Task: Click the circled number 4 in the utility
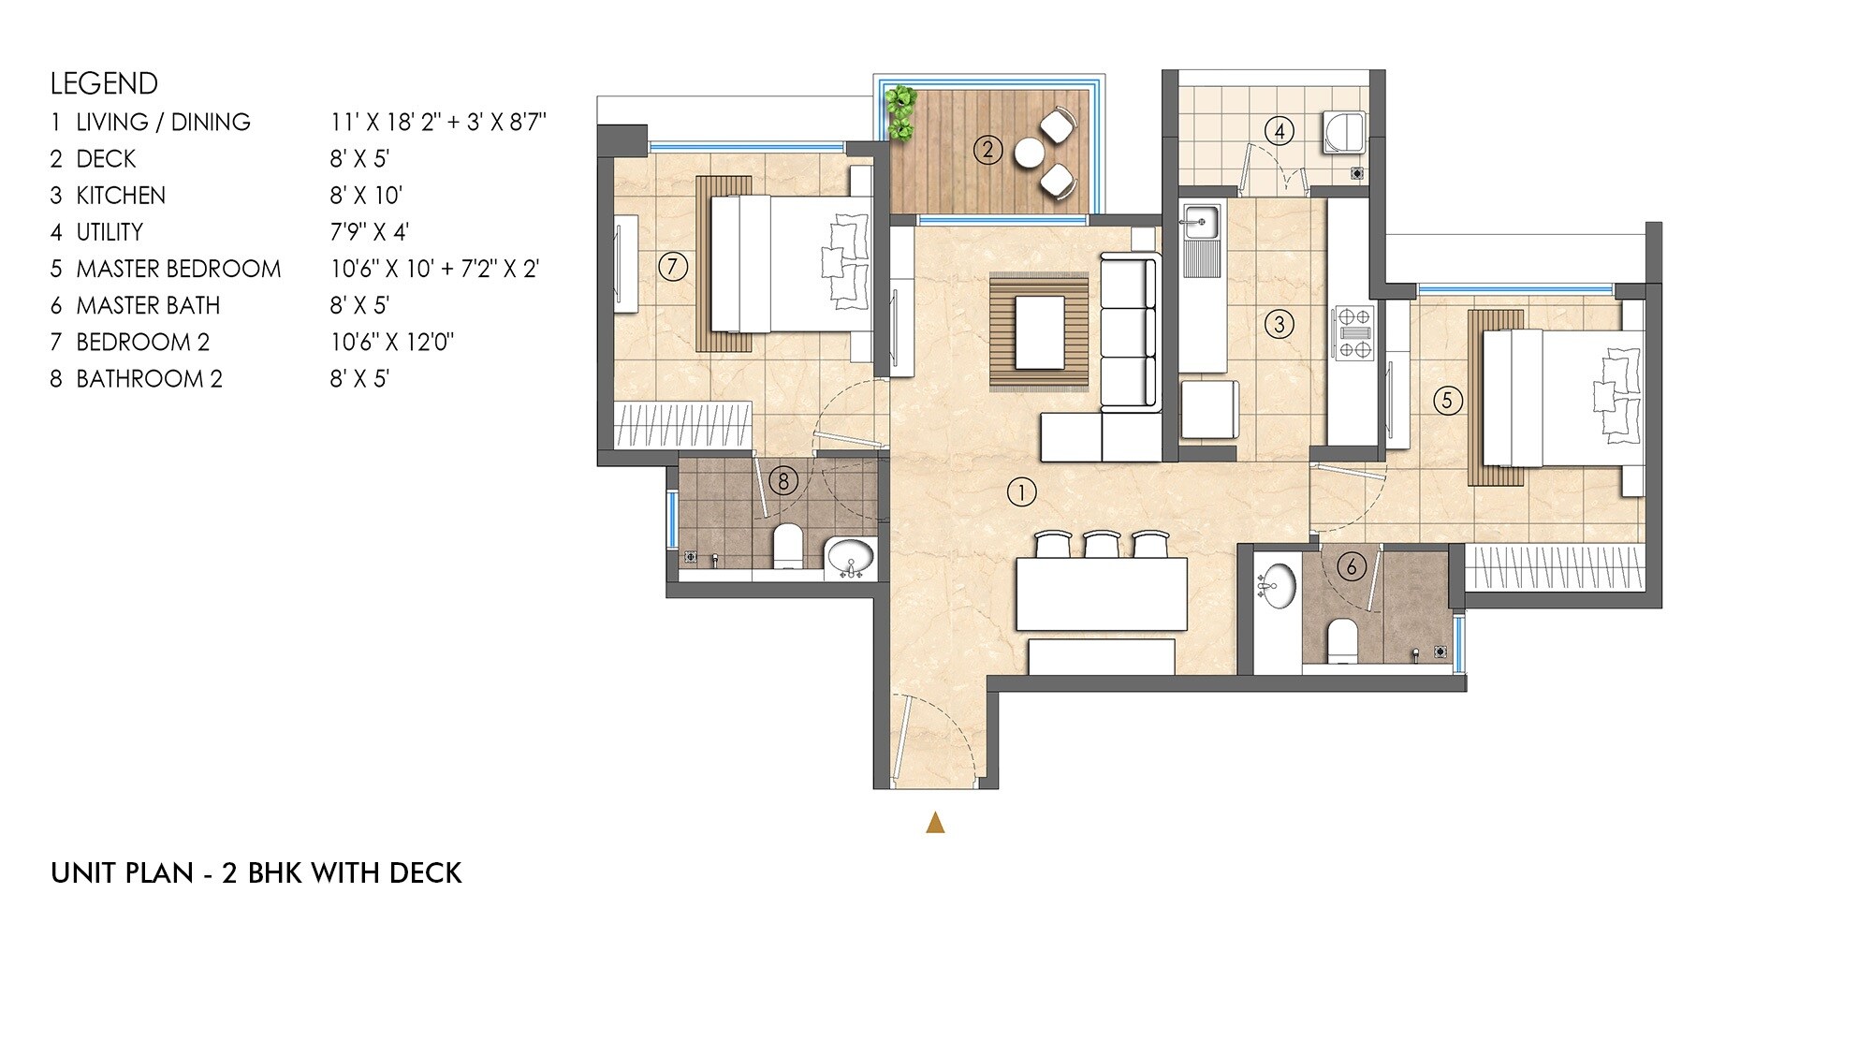point(1280,131)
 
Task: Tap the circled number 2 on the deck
point(987,150)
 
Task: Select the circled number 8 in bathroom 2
point(782,481)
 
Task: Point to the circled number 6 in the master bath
point(1351,565)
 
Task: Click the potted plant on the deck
point(900,112)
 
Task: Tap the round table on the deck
point(1029,152)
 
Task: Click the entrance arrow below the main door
point(934,823)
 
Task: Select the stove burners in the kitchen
point(1354,332)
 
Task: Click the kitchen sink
point(1199,223)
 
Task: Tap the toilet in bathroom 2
point(787,546)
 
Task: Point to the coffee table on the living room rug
point(1039,332)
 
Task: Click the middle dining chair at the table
point(1102,544)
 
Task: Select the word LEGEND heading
point(104,83)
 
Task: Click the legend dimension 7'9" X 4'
point(369,232)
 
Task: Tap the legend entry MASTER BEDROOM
point(178,270)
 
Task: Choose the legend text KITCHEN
point(121,196)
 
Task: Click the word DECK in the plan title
point(425,873)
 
